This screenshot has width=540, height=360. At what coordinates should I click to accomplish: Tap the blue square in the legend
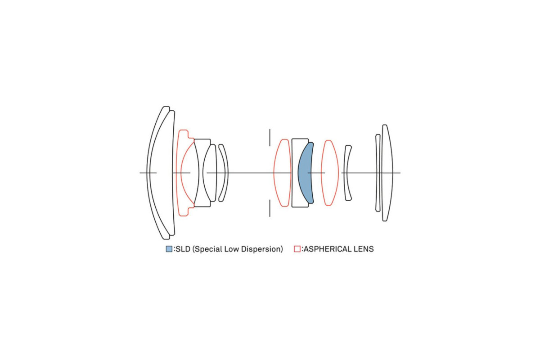tap(169, 249)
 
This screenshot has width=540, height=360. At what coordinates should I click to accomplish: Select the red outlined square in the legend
tap(297, 249)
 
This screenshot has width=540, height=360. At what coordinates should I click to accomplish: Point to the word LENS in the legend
tap(364, 249)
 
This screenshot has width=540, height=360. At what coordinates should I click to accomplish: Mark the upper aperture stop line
tap(270, 137)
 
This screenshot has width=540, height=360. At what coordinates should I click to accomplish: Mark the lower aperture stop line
tap(270, 208)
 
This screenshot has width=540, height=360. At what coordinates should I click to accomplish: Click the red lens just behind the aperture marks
tap(282, 173)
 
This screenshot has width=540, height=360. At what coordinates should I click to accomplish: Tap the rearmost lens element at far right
tap(387, 173)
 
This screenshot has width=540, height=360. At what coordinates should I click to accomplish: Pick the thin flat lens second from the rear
tap(378, 173)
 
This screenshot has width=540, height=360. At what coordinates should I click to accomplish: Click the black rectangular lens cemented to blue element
tap(295, 173)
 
